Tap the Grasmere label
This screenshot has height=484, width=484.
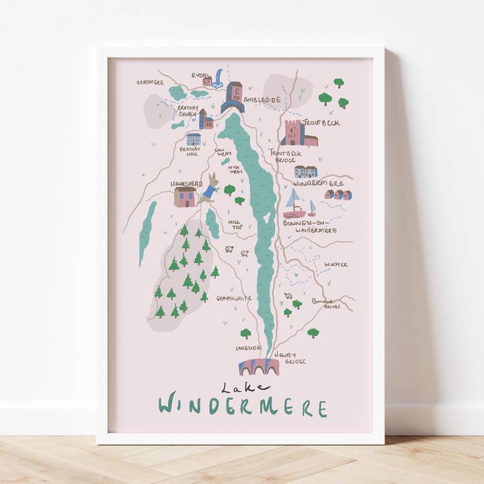[150, 83]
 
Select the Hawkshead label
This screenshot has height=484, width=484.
[186, 183]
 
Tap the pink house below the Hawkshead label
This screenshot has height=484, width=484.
[184, 197]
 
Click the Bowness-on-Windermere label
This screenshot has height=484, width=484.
[310, 226]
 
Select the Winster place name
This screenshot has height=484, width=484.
[336, 264]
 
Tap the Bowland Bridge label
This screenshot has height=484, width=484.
[332, 303]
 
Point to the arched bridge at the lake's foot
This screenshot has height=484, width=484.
[259, 367]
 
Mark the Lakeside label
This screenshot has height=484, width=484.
[248, 348]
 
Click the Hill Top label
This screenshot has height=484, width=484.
[235, 224]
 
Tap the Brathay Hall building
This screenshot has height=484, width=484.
[194, 139]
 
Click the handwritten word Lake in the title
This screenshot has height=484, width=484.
[245, 387]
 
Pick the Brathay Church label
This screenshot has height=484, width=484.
[187, 110]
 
